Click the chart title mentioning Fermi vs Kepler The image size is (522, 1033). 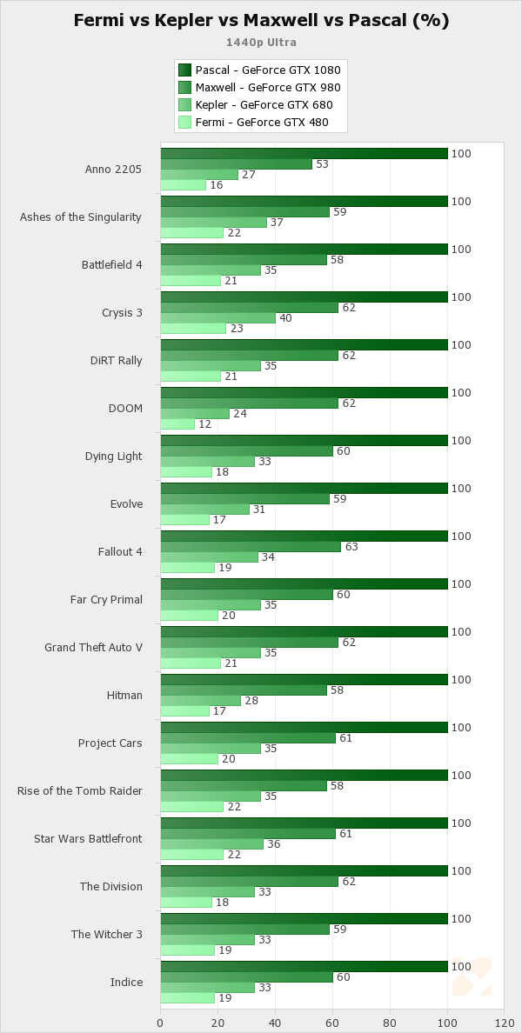tap(261, 21)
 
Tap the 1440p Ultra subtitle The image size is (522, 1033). tap(261, 42)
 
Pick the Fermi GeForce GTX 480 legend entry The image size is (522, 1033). tap(262, 123)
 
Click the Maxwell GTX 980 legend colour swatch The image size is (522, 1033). tap(184, 88)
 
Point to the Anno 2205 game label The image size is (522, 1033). tap(113, 169)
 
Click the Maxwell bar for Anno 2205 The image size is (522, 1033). tap(236, 164)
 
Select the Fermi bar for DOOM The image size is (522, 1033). tap(177, 424)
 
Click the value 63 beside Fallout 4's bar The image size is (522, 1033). tap(351, 547)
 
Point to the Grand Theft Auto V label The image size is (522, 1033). tap(93, 647)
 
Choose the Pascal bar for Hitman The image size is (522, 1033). tap(304, 680)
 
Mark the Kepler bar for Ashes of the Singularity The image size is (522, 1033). tap(213, 223)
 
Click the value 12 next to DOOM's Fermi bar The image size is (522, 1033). tap(204, 424)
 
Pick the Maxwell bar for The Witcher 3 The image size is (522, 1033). tap(244, 930)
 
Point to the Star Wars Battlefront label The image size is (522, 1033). tap(88, 838)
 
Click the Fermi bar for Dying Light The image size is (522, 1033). tap(186, 472)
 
